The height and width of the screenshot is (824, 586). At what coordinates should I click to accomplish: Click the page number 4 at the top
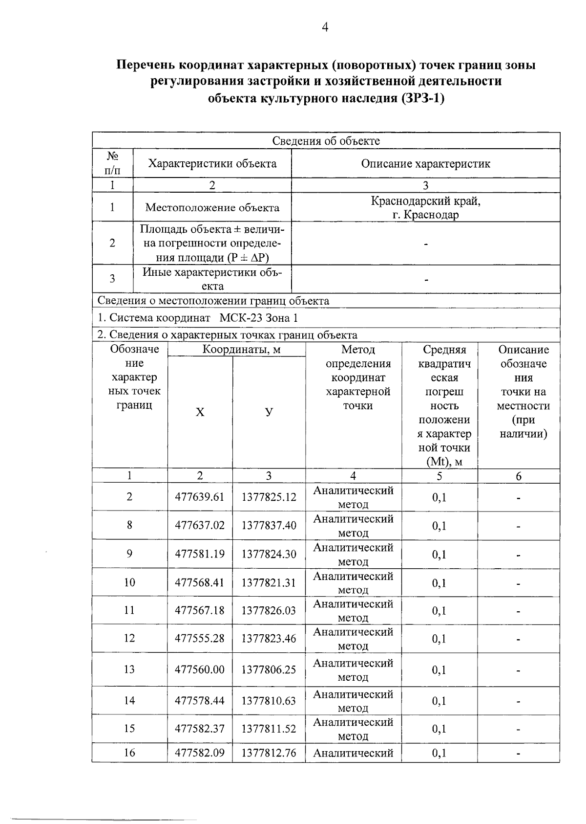coord(325,27)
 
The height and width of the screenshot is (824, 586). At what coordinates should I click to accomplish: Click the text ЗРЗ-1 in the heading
coord(422,98)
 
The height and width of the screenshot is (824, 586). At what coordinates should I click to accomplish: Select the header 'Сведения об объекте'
coord(326,141)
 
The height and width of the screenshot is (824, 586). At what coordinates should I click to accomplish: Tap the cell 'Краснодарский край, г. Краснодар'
coord(425,207)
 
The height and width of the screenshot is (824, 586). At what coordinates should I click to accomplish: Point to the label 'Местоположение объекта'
coord(212,207)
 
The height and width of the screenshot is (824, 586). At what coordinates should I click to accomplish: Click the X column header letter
coord(200,412)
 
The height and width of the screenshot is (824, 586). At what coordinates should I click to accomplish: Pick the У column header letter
coord(269,412)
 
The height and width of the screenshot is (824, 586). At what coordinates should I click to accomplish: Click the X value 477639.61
coord(200,497)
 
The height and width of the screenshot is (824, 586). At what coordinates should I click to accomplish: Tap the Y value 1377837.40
coord(269,525)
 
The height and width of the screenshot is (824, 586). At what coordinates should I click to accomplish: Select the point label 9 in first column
coord(129,554)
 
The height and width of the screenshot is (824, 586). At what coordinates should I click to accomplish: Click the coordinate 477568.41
coord(200,582)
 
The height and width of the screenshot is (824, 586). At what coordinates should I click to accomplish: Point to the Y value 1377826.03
coord(269,610)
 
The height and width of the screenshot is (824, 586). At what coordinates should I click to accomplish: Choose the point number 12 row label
coord(129,638)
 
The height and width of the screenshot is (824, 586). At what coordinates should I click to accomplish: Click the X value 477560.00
coord(200,669)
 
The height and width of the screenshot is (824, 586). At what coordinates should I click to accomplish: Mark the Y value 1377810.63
coord(269,701)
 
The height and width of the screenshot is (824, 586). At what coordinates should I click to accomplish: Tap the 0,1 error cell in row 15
coord(439,729)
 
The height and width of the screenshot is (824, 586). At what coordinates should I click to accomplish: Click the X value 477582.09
coord(200,753)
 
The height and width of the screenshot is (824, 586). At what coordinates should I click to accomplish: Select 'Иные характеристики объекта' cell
coord(212,279)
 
